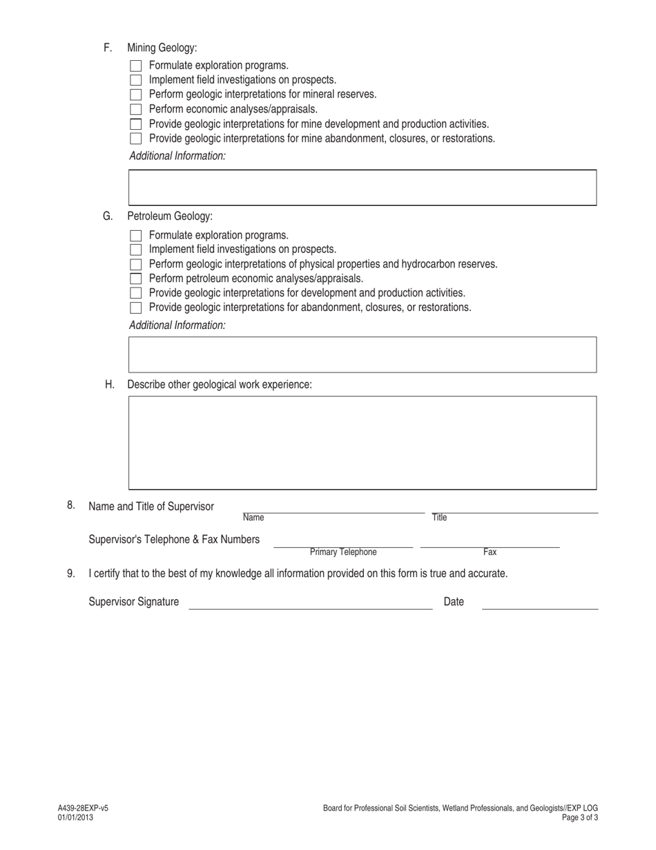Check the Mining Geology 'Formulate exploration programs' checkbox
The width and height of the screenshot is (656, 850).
(135, 66)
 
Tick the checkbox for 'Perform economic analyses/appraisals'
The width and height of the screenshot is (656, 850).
(135, 109)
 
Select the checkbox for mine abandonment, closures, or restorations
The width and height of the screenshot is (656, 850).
(135, 138)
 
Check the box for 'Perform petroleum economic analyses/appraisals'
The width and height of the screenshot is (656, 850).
(135, 278)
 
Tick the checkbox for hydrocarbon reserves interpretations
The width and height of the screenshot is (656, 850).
(135, 264)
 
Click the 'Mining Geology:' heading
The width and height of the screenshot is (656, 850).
(162, 48)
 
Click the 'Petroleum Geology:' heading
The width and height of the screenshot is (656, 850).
(170, 216)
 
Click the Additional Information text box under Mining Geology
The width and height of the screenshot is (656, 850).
(363, 187)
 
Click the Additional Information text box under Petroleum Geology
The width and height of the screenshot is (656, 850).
(363, 355)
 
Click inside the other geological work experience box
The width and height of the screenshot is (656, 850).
(363, 443)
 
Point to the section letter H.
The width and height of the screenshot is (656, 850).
(110, 384)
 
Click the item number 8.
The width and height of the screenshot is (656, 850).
(71, 505)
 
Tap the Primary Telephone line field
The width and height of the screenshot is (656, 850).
(343, 543)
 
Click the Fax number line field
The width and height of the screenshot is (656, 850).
(490, 543)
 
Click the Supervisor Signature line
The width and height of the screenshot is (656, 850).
(311, 604)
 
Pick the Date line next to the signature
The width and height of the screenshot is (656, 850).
(540, 604)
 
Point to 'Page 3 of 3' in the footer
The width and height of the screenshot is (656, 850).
(580, 818)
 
